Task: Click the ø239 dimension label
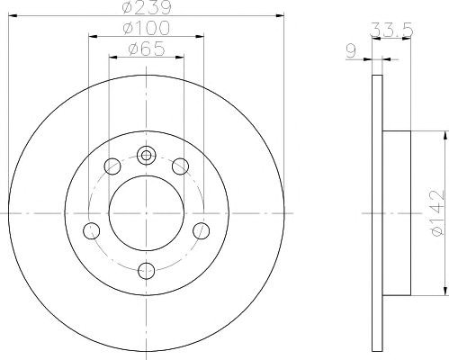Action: click(x=147, y=7)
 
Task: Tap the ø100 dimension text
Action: click(x=147, y=28)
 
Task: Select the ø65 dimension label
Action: click(x=147, y=49)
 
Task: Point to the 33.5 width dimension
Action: click(x=391, y=30)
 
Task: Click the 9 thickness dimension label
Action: click(x=351, y=50)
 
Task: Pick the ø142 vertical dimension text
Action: click(x=436, y=212)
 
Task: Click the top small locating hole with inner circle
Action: click(x=146, y=156)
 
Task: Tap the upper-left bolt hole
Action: click(x=112, y=166)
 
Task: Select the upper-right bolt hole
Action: click(x=180, y=166)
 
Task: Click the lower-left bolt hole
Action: click(x=91, y=230)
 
